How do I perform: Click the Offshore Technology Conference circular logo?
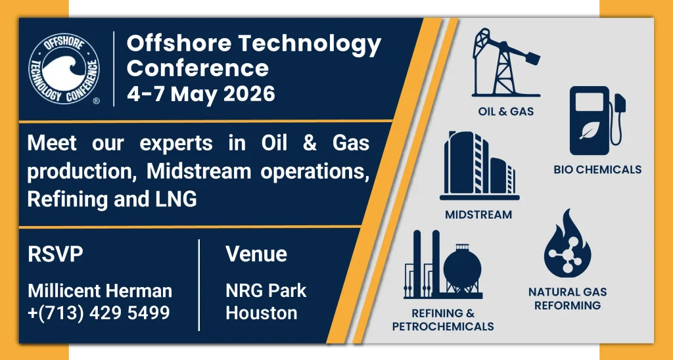pyautogui.click(x=64, y=69)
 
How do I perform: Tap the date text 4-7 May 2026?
pyautogui.click(x=201, y=93)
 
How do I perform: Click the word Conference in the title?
pyautogui.click(x=198, y=68)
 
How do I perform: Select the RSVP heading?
pyautogui.click(x=55, y=254)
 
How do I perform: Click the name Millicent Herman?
pyautogui.click(x=100, y=291)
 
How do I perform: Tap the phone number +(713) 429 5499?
pyautogui.click(x=99, y=312)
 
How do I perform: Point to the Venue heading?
pyautogui.click(x=256, y=254)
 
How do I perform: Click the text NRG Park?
pyautogui.click(x=266, y=291)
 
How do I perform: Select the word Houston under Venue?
pyautogui.click(x=262, y=313)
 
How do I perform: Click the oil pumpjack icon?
pyautogui.click(x=505, y=62)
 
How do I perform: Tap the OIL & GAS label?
pyautogui.click(x=506, y=112)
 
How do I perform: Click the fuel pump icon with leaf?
pyautogui.click(x=597, y=121)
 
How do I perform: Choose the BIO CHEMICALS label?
pyautogui.click(x=597, y=169)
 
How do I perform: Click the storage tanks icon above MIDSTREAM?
pyautogui.click(x=479, y=166)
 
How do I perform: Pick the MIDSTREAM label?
pyautogui.click(x=478, y=215)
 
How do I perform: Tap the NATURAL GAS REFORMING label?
pyautogui.click(x=567, y=299)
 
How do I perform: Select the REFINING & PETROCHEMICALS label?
pyautogui.click(x=443, y=320)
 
